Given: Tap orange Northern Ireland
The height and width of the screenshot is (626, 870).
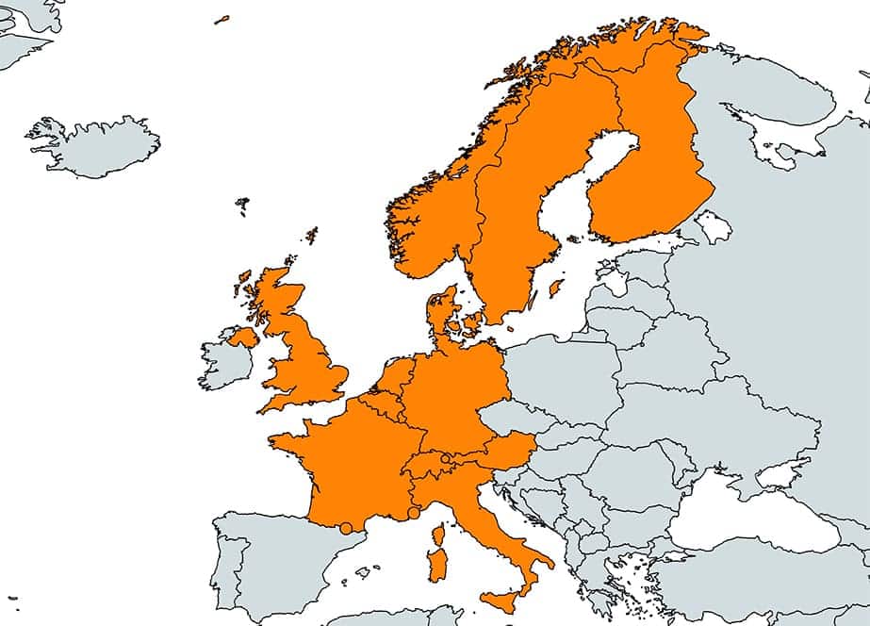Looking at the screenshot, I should [243, 336].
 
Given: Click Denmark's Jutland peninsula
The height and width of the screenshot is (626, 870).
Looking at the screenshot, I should [438, 311].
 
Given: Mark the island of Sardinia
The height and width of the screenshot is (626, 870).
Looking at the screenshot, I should [435, 566].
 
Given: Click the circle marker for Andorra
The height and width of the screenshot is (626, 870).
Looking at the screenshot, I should [346, 528].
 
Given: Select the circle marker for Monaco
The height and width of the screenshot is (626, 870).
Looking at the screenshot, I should [413, 513].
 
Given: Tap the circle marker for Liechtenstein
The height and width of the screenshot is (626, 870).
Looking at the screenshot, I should [445, 458].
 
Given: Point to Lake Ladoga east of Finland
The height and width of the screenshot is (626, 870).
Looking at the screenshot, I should [713, 226].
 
